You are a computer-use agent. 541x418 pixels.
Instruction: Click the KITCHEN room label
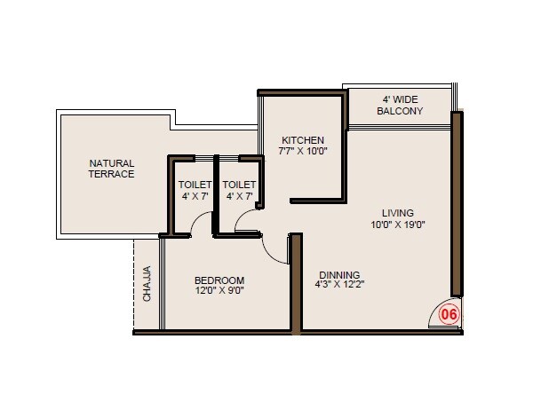click(302, 140)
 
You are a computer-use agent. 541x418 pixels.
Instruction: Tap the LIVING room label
click(397, 213)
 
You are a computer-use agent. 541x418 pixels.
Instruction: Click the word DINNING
click(338, 274)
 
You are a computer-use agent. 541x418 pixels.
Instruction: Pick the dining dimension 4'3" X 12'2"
click(339, 285)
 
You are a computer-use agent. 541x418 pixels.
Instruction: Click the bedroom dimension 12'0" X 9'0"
click(219, 289)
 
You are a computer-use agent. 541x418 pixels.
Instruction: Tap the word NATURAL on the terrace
click(111, 163)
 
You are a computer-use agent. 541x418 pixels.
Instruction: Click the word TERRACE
click(111, 174)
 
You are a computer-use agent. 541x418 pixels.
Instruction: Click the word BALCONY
click(400, 112)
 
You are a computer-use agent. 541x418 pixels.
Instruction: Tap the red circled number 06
click(449, 313)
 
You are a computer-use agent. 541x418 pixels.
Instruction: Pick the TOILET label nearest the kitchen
click(239, 185)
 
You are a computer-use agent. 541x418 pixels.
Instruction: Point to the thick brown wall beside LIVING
click(456, 204)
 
